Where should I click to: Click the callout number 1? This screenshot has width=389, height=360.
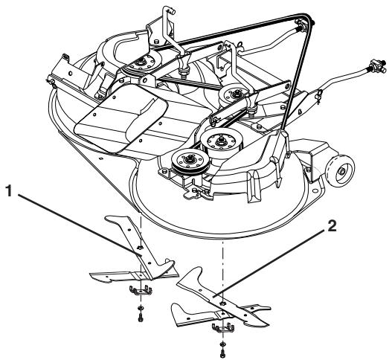[x=8, y=191]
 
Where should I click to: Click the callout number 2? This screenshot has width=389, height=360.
[x=332, y=227]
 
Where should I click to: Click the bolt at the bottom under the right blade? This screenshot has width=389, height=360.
[x=222, y=353]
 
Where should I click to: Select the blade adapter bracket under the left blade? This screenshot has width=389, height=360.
[x=141, y=291]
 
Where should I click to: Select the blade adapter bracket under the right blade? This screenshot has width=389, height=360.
[x=223, y=328]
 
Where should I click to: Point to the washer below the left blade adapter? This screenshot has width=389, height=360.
[x=141, y=308]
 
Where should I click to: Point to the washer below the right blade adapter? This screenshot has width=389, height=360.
[x=222, y=344]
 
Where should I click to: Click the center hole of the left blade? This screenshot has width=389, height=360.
[x=140, y=248]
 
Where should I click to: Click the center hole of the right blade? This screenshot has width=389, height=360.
[x=222, y=303]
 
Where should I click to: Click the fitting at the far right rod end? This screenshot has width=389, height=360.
[x=378, y=65]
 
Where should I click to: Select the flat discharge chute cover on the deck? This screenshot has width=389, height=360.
[x=121, y=118]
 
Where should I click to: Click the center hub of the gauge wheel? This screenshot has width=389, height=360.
[x=342, y=171]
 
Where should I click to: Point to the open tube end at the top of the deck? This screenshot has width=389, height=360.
[x=171, y=10]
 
